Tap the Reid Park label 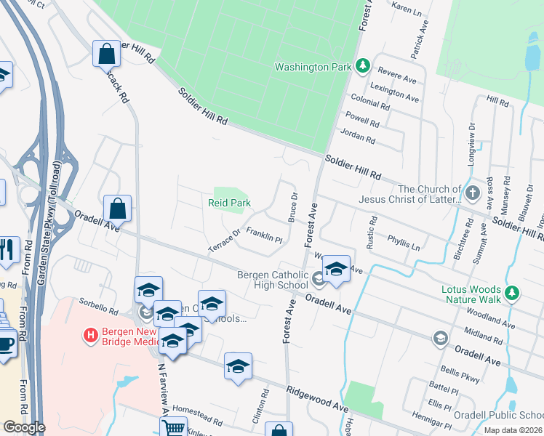click(230, 203)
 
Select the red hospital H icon click(91, 335)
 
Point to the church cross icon click(473, 193)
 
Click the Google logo click(24, 427)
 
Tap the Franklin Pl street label click(263, 234)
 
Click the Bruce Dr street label click(294, 206)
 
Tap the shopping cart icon click(172, 427)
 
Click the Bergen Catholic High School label click(272, 280)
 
